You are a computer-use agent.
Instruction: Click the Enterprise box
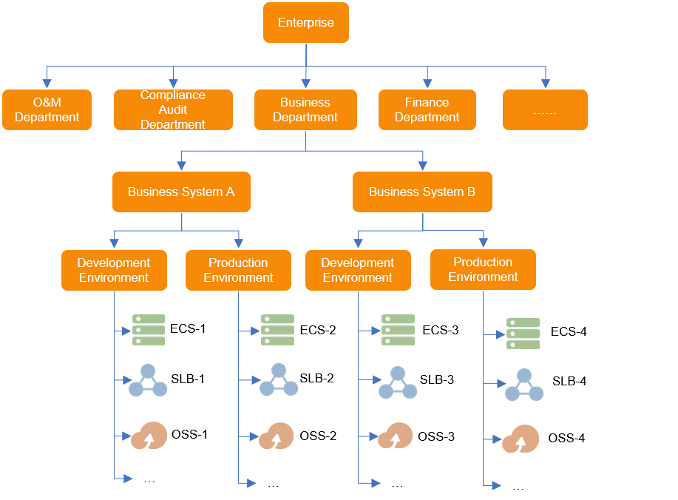pos(305,22)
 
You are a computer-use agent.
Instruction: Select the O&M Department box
pos(47,110)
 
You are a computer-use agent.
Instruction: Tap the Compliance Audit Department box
pos(173,110)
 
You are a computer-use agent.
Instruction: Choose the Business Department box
pos(305,110)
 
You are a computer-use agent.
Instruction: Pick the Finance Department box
pos(427,110)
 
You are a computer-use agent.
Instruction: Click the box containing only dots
pos(545,110)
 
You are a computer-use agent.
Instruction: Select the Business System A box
pos(181,192)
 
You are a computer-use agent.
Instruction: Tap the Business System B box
pos(422,192)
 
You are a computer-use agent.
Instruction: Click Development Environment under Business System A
pos(114,270)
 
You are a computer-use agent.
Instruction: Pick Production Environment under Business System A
pos(238,270)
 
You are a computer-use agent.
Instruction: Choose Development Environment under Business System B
pos(358,270)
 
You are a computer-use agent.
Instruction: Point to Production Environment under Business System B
pos(483,269)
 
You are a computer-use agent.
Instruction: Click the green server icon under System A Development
pos(148,330)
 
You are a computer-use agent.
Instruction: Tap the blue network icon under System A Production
pos(279,380)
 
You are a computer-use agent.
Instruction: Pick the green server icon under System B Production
pos(522,334)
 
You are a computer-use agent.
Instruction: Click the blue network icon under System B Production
pos(523,385)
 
